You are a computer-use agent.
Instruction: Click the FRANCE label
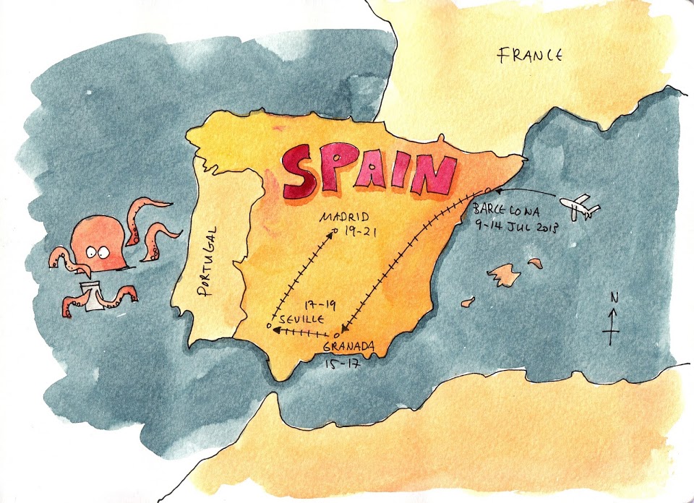(530, 54)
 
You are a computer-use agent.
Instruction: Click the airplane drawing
(582, 207)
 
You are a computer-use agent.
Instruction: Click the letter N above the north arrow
(612, 296)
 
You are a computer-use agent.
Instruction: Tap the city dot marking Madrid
(335, 231)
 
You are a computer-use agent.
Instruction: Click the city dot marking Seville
(268, 327)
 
